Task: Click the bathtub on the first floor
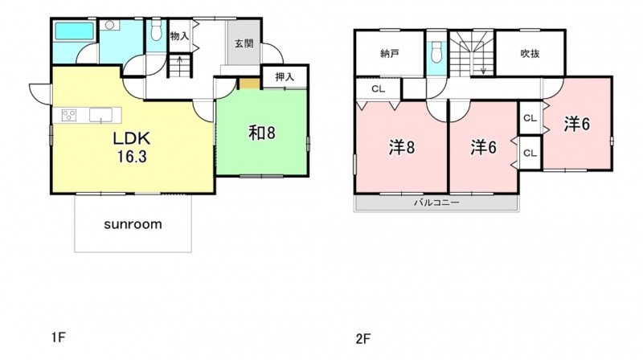tap(74, 31)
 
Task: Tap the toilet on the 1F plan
tap(156, 31)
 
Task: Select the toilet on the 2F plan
tap(436, 51)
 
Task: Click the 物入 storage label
tap(179, 36)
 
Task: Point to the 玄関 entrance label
tap(244, 43)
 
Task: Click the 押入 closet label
tap(285, 76)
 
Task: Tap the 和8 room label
tap(262, 133)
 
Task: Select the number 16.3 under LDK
tap(132, 157)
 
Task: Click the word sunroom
tap(133, 224)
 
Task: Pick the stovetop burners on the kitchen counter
tap(69, 115)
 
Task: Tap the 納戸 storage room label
tap(390, 53)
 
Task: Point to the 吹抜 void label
tap(530, 53)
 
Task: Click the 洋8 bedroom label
tap(402, 148)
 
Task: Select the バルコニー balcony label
tap(436, 202)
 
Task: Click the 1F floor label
tap(59, 337)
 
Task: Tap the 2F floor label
tap(363, 339)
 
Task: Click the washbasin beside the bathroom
tap(109, 26)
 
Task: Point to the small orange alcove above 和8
tap(250, 84)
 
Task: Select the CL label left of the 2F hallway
tap(378, 89)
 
